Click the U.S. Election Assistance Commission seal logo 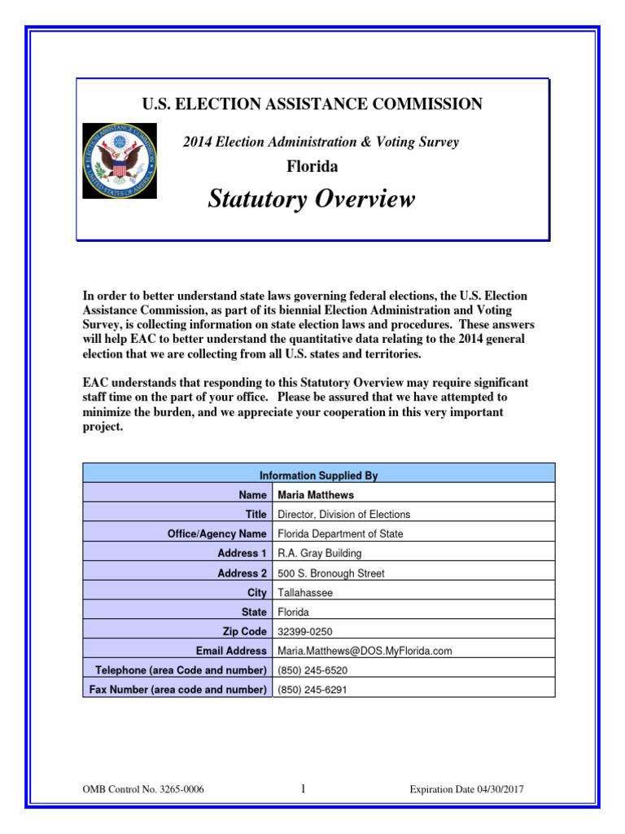click(120, 160)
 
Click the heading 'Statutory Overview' click(312, 199)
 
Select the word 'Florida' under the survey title click(312, 167)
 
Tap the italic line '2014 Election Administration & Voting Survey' click(321, 142)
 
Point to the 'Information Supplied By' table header click(318, 476)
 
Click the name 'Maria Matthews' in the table click(316, 494)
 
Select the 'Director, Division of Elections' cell click(344, 514)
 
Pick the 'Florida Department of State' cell click(340, 533)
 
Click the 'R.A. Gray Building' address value click(320, 553)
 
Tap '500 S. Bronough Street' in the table click(331, 573)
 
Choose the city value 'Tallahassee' click(305, 593)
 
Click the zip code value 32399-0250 click(305, 631)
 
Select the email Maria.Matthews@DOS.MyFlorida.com click(365, 651)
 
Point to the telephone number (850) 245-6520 click(312, 670)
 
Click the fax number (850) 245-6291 click(312, 690)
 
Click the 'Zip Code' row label click(244, 631)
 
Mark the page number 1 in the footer click(303, 788)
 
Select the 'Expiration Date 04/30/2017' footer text click(472, 789)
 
